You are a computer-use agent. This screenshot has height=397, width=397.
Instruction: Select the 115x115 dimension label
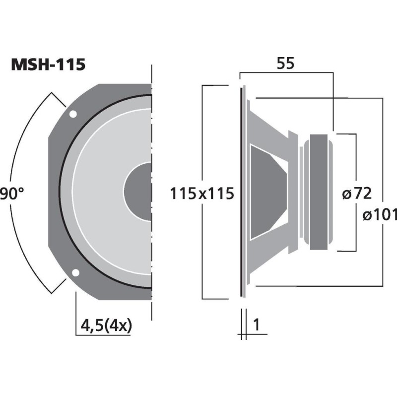pos(201,193)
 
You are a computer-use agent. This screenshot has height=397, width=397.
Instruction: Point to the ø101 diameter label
pos(380,215)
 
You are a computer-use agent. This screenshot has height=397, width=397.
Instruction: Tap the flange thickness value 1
pos(257,325)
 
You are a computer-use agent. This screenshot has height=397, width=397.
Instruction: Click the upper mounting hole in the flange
pos(73,115)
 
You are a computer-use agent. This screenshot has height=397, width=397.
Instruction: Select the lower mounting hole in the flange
pos(75,272)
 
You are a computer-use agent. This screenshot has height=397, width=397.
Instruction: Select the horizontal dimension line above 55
pos(286,73)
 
